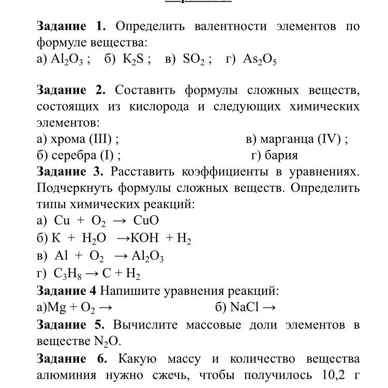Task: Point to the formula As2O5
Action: [260, 59]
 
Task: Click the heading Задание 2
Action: [71, 91]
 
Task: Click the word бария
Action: [281, 155]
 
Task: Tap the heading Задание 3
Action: [71, 171]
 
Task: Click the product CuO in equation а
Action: [146, 221]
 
